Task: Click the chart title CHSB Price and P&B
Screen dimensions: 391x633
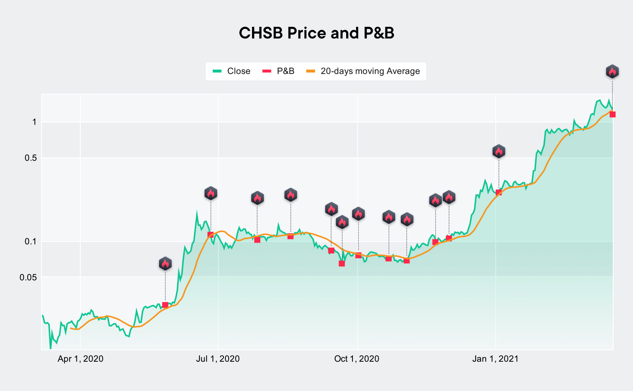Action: [316, 33]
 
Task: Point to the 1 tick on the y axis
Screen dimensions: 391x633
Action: [34, 122]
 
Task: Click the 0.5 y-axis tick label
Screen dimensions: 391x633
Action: [30, 158]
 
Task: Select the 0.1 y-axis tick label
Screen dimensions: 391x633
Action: [30, 242]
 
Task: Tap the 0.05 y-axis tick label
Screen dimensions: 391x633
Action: [28, 277]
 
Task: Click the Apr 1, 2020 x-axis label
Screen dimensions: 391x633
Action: [80, 359]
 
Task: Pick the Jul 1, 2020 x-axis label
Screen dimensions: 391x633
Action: [218, 359]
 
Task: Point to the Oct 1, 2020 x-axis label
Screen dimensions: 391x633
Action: [356, 359]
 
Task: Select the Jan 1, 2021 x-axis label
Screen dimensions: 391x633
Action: [495, 359]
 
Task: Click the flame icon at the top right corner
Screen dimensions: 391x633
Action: [612, 72]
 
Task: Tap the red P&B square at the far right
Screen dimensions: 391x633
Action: [612, 115]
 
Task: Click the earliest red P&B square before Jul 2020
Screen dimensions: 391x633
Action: [165, 305]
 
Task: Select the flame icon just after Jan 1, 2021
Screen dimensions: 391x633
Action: [498, 151]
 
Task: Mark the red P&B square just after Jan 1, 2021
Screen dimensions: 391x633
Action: [498, 193]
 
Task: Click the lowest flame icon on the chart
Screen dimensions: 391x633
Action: [165, 264]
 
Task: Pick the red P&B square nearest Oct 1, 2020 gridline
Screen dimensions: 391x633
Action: [358, 255]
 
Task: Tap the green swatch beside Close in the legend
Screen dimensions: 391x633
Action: [217, 71]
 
